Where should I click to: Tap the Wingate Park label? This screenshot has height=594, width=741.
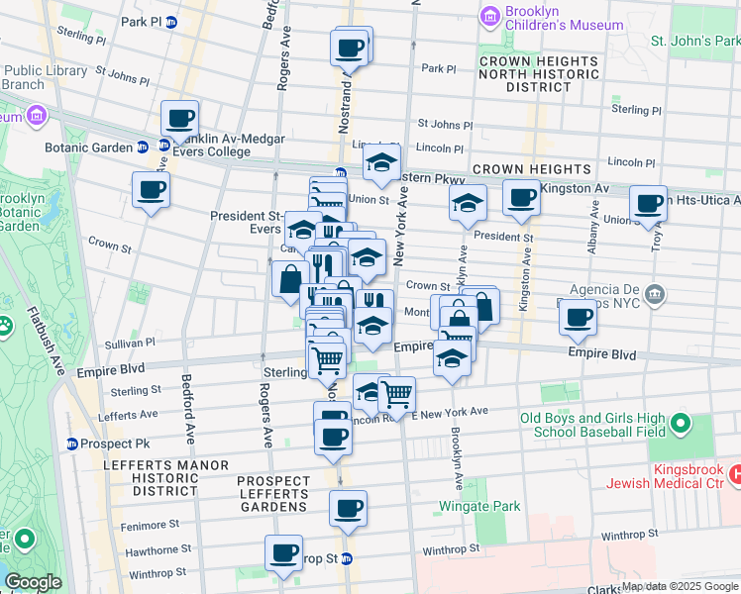pos(480,506)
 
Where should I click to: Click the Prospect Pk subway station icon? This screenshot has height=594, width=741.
pos(72,443)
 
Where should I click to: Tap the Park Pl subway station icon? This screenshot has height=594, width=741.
pos(170,21)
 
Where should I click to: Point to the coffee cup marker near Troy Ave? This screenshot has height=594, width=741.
pos(649,204)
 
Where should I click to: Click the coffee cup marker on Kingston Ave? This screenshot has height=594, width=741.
pos(521,197)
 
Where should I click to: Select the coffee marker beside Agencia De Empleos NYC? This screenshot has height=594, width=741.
pos(578,318)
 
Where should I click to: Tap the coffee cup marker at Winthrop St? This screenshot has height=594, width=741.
pos(283,552)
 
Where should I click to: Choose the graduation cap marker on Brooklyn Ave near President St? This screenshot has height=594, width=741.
pos(469,204)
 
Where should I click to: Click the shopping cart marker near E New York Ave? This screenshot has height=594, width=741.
pos(396,393)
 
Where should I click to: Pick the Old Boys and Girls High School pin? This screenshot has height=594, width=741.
pos(680,425)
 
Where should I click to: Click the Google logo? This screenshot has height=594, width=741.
pos(33,582)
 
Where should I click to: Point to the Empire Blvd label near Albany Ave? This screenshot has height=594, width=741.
pos(600,353)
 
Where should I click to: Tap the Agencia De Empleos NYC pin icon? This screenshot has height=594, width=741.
pos(654,293)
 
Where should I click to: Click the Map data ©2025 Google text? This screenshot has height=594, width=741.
pos(680,586)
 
